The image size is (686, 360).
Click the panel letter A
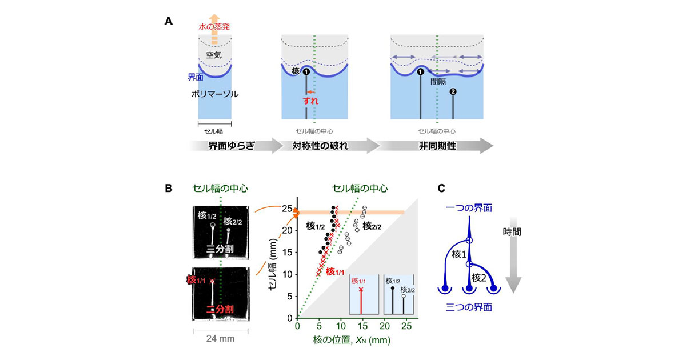click(x=169, y=21)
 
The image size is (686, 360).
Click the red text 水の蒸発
click(x=214, y=27)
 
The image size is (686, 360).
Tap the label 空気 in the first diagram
click(x=214, y=55)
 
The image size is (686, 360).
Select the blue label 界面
click(x=196, y=77)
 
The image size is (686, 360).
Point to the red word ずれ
click(x=310, y=101)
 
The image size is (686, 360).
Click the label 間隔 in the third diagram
click(x=438, y=81)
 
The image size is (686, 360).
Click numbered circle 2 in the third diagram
click(x=453, y=92)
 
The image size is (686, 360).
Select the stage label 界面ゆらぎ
click(x=231, y=146)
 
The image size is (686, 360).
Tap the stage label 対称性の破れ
click(x=320, y=146)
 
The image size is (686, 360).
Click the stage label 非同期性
click(x=438, y=146)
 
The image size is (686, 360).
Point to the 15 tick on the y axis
click(x=287, y=253)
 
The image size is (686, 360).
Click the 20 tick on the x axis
click(x=385, y=326)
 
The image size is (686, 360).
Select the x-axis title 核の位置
click(x=332, y=339)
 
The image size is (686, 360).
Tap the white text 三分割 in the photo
click(x=220, y=249)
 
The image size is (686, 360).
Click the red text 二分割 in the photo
click(x=220, y=309)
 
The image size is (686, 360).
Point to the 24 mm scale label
click(x=220, y=338)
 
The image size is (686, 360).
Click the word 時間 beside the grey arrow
click(x=512, y=232)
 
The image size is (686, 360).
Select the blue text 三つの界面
click(x=469, y=307)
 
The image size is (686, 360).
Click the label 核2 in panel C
click(x=479, y=278)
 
